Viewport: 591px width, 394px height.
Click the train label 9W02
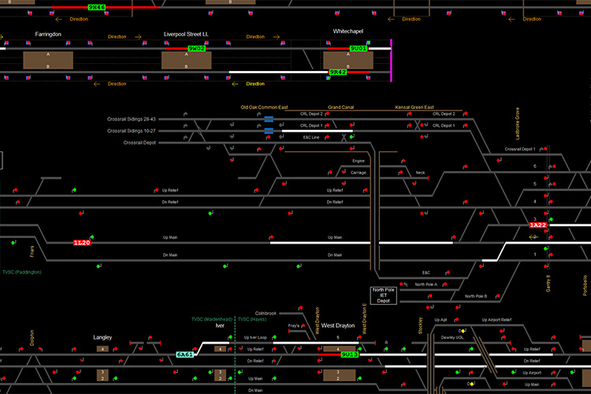click(196, 49)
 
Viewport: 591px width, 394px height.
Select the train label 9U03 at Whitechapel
click(359, 49)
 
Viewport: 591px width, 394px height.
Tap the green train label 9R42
click(338, 72)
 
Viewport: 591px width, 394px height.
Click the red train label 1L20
click(82, 243)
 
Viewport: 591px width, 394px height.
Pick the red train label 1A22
click(537, 225)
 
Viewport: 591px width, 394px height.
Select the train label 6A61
click(185, 355)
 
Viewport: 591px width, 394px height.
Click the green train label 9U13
click(350, 355)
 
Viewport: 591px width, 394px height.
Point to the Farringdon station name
click(48, 35)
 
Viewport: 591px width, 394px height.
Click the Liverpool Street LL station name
click(186, 35)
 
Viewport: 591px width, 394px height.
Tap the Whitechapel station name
click(348, 32)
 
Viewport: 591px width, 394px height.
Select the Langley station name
click(102, 337)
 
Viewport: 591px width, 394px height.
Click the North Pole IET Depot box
click(383, 295)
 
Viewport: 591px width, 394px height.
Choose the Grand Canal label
click(340, 107)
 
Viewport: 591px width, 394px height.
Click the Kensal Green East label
click(414, 107)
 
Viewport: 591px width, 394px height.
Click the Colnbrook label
click(266, 313)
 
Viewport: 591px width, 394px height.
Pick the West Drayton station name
click(338, 325)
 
